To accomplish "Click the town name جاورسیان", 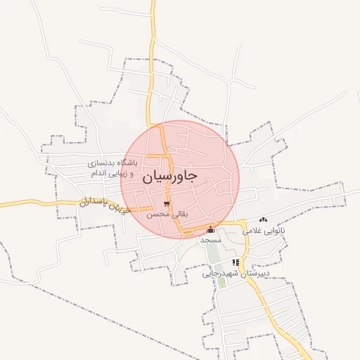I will pyautogui.click(x=170, y=176).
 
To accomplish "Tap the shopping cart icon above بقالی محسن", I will pyautogui.click(x=167, y=204).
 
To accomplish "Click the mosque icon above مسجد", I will pyautogui.click(x=210, y=229).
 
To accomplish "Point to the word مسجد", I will pyautogui.click(x=210, y=240).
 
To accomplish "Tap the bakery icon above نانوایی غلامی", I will pyautogui.click(x=263, y=221).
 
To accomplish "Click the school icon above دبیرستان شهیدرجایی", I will pyautogui.click(x=236, y=262).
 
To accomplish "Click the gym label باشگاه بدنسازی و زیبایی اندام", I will pyautogui.click(x=112, y=167).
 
